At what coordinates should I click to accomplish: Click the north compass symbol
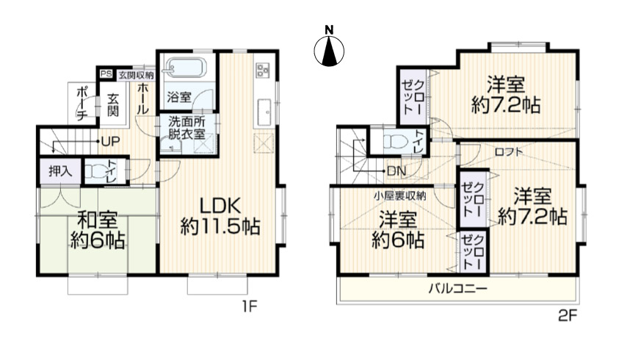point(329,46)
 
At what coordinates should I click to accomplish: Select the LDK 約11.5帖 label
point(220,216)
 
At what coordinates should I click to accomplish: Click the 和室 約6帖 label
point(98,230)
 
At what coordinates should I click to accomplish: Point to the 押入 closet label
point(60,171)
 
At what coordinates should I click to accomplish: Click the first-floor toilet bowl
point(94,170)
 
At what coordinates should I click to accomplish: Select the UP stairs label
point(110,141)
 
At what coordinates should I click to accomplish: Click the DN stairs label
point(397,171)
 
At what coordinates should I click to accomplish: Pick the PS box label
point(106,74)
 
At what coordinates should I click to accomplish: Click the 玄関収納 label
point(136,75)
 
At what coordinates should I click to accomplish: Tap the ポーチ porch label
point(82,103)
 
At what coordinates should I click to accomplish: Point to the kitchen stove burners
point(263,71)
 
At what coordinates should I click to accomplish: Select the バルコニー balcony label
point(458,289)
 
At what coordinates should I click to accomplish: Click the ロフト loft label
point(508,152)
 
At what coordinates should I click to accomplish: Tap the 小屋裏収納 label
point(400,195)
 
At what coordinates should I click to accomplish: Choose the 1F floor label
point(250,306)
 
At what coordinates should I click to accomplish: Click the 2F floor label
point(568,315)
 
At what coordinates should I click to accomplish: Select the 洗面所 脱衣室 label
point(187,128)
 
